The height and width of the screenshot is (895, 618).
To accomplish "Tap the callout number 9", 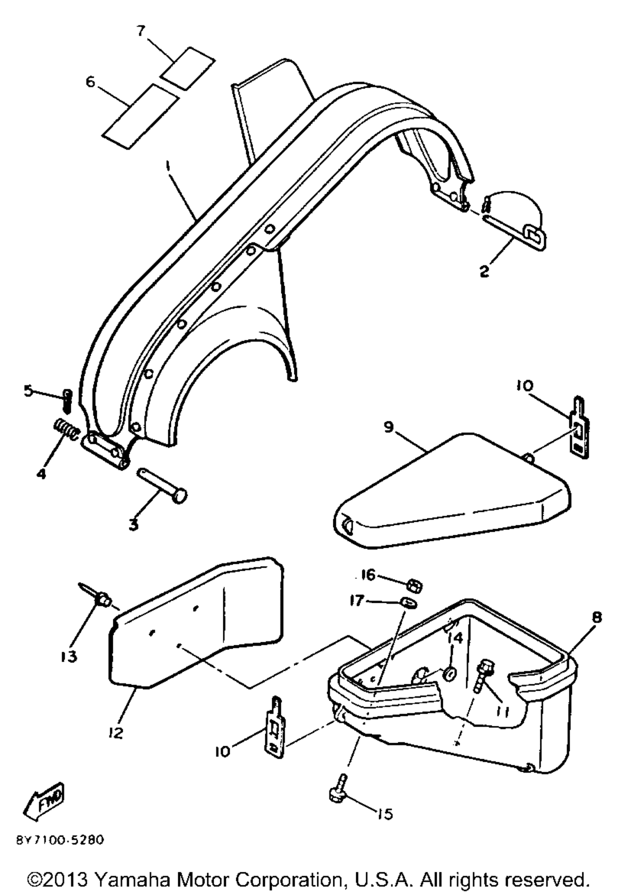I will (x=388, y=427).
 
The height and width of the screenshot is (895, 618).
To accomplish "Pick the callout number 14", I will (x=456, y=638).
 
